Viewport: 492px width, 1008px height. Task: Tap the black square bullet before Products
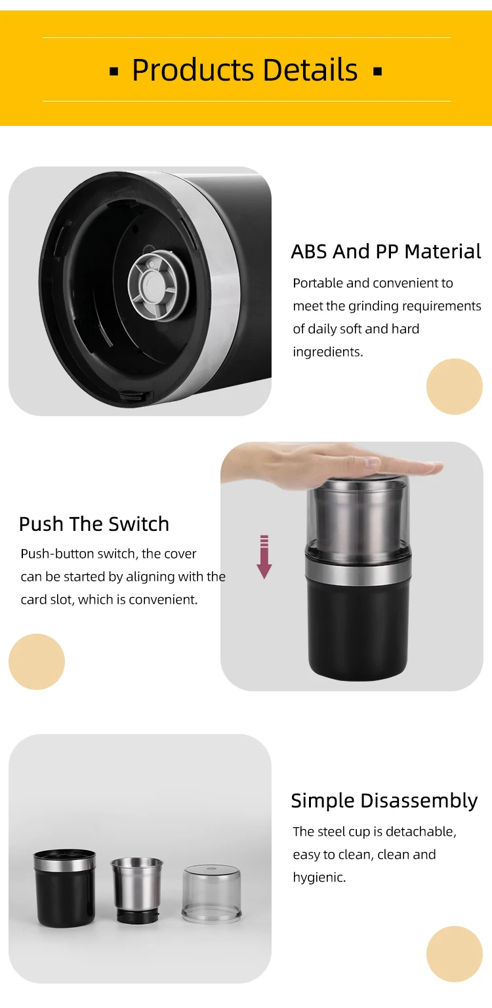[114, 71]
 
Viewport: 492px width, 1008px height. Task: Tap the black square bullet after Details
[378, 71]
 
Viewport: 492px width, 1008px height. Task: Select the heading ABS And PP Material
[386, 252]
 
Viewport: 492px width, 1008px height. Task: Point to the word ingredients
[327, 352]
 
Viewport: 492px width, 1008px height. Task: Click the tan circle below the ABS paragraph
[454, 386]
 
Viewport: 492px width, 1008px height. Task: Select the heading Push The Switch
[94, 524]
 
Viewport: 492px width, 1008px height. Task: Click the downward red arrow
[264, 556]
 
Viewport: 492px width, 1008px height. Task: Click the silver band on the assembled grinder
[358, 569]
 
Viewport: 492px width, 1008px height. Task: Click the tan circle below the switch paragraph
[37, 661]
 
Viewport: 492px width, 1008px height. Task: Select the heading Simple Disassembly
[384, 801]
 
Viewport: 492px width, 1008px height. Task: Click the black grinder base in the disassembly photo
[65, 888]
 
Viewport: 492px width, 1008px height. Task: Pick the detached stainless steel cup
[137, 891]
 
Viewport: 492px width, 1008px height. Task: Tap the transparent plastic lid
[211, 893]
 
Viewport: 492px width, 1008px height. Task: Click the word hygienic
[319, 878]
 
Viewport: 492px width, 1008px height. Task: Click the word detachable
[420, 832]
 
